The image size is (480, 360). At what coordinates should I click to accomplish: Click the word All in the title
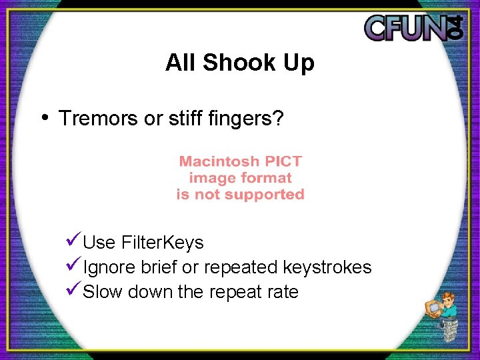(x=180, y=63)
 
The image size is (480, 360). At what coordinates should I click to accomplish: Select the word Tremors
(x=99, y=119)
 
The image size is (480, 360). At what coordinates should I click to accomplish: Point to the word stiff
(x=182, y=119)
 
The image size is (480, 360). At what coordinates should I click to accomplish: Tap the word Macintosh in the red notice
(x=220, y=161)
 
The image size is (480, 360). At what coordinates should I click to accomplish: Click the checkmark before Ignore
(x=74, y=265)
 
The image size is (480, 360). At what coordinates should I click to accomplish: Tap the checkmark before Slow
(x=74, y=290)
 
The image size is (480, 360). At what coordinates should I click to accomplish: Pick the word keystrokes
(x=327, y=268)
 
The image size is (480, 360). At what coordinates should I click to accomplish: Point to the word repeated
(x=241, y=268)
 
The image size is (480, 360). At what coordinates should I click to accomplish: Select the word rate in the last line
(x=283, y=293)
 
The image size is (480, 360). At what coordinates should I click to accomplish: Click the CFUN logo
(x=413, y=27)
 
